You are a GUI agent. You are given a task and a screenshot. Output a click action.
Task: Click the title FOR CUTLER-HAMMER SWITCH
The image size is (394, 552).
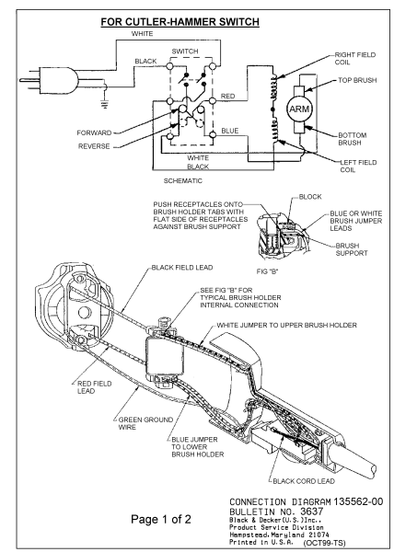pyautogui.click(x=197, y=17)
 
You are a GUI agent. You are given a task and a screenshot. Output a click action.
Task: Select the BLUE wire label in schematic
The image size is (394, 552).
pyautogui.click(x=230, y=130)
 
